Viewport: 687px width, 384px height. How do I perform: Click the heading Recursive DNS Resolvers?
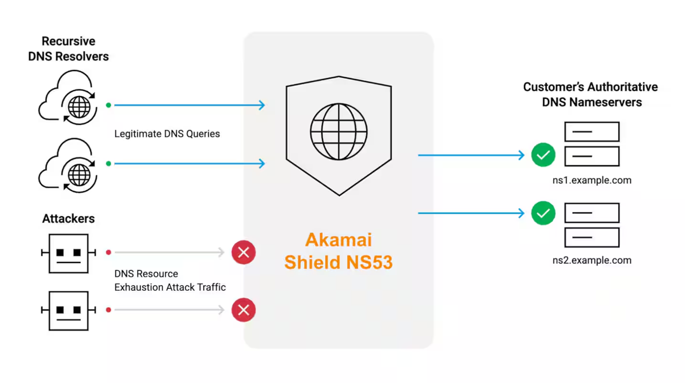click(x=68, y=49)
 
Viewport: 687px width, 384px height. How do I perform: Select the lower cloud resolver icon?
click(x=68, y=164)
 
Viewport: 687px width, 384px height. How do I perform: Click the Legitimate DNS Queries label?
click(x=167, y=134)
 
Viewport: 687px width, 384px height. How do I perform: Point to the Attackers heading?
click(x=68, y=219)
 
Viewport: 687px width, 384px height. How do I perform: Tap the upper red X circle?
click(x=243, y=252)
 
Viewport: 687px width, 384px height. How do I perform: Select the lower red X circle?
click(x=243, y=310)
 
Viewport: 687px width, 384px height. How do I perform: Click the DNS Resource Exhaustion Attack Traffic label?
click(x=170, y=280)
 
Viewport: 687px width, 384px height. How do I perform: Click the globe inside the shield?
click(x=339, y=131)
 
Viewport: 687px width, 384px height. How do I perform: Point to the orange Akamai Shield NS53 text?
click(x=339, y=251)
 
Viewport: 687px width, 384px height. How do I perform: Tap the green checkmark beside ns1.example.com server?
click(x=543, y=156)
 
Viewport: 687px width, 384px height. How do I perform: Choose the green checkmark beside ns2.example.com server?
click(x=543, y=213)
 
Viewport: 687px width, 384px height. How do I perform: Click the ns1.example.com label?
click(x=592, y=180)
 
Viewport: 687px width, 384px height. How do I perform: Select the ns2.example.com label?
click(x=592, y=260)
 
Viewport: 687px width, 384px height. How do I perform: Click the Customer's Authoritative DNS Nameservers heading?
click(x=590, y=94)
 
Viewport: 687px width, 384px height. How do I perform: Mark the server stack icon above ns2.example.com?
click(x=592, y=225)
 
